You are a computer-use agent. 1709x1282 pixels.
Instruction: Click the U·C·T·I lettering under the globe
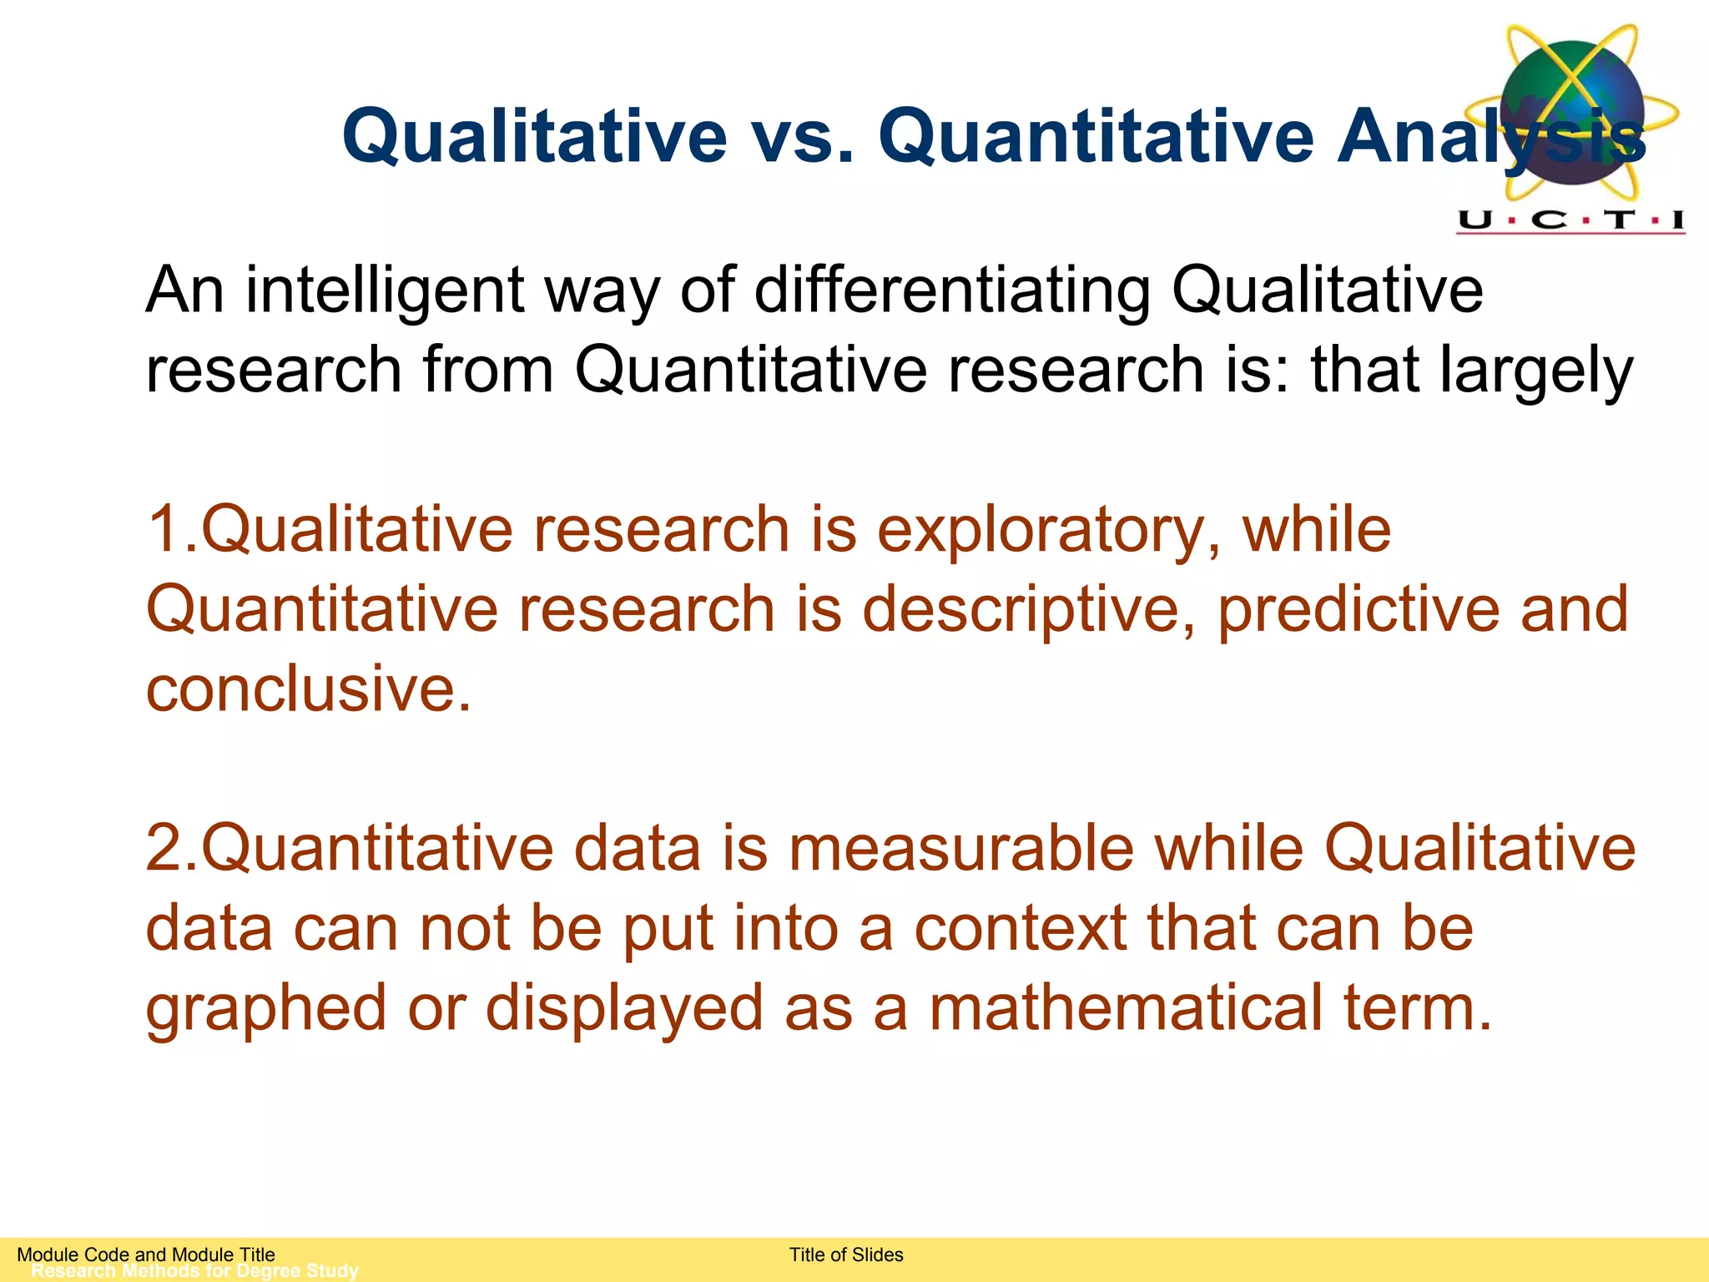(1570, 220)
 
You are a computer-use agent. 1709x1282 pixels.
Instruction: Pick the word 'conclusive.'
(309, 689)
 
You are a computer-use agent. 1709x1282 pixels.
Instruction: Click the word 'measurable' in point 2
(960, 849)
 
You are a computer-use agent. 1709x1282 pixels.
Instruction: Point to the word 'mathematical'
(1127, 1008)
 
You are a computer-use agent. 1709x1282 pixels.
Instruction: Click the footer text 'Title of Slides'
(846, 1254)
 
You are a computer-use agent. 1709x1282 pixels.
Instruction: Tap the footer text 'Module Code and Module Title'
(146, 1254)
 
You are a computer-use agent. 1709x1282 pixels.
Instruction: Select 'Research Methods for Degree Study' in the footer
(194, 1271)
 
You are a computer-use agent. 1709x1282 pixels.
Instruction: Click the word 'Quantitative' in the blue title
(1096, 136)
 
